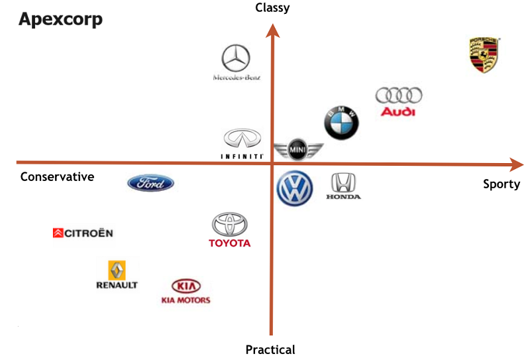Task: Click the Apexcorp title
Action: (x=60, y=19)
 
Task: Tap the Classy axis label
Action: (x=272, y=7)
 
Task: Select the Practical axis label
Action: (x=270, y=349)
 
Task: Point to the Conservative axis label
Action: (x=57, y=177)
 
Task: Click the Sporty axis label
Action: (x=502, y=184)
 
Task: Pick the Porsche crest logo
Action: (x=484, y=55)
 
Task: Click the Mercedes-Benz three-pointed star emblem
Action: (x=236, y=58)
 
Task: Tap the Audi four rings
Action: (x=398, y=95)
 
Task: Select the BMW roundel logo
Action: (x=341, y=122)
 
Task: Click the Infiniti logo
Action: (x=242, y=139)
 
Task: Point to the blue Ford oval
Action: (x=150, y=184)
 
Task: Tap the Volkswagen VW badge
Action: (x=294, y=189)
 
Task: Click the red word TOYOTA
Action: (x=229, y=243)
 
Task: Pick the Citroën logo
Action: (x=83, y=233)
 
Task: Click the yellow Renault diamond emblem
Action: (x=117, y=270)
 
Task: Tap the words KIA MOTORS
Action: (x=185, y=300)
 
